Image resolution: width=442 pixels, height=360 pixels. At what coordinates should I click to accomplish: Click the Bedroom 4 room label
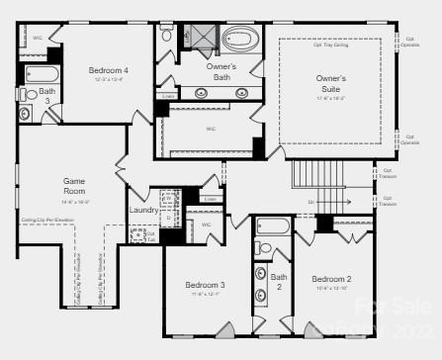(x=108, y=71)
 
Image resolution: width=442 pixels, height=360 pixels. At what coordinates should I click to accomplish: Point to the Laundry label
(x=143, y=210)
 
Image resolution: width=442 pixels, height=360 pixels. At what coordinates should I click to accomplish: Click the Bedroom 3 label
(x=206, y=285)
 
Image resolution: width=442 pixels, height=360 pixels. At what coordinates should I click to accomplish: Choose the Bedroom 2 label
(x=332, y=279)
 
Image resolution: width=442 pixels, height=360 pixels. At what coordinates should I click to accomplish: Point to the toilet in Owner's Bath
(x=166, y=37)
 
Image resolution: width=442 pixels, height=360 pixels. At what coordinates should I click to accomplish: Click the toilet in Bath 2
(x=261, y=247)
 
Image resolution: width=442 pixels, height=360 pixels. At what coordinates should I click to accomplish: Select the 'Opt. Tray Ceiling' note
(x=331, y=44)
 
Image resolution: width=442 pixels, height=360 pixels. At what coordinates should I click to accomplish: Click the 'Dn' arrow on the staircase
(x=310, y=202)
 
